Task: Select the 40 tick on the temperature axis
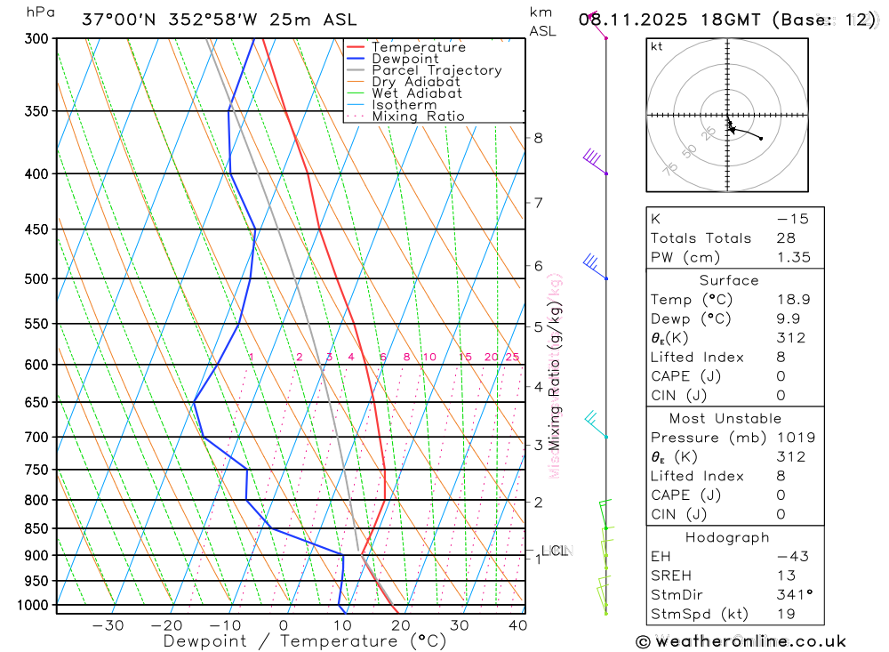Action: [517, 625]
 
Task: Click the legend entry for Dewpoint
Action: [405, 59]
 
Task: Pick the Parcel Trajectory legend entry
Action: [436, 70]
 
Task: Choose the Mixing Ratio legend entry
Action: [418, 117]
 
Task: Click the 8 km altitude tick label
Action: [539, 138]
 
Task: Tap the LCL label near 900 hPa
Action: [554, 551]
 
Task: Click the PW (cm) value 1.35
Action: [791, 258]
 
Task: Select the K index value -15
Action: [791, 219]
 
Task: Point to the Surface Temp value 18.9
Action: [791, 300]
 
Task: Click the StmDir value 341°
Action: [791, 595]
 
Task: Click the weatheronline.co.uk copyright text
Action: [741, 641]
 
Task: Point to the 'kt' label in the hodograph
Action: [657, 47]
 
